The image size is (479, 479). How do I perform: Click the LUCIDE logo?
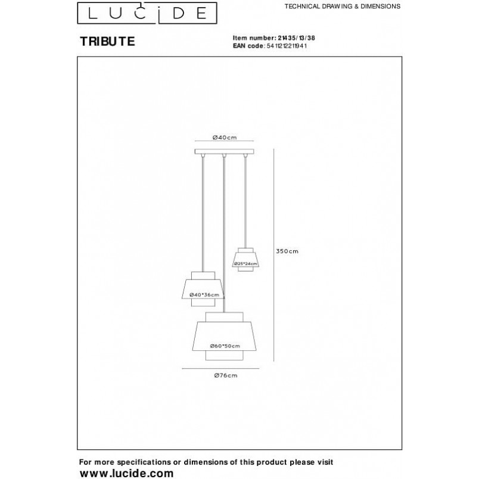coord(147,13)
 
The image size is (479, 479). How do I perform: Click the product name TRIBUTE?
coord(107,42)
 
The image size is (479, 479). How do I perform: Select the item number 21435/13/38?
coord(296,38)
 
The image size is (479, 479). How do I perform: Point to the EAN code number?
coord(287,46)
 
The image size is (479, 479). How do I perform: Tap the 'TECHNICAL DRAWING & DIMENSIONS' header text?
coord(343,6)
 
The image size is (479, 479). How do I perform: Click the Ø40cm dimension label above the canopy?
coord(225,138)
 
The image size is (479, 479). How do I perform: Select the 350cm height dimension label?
coord(287,251)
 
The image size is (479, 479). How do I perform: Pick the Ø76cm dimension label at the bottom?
coord(226,375)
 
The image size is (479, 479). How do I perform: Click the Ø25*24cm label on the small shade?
coord(245,264)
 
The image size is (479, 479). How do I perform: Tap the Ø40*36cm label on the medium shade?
coord(204,295)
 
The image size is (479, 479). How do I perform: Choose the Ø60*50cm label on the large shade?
coord(225,346)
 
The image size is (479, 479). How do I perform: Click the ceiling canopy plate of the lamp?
coord(225,151)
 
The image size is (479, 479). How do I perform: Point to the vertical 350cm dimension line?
coord(273,255)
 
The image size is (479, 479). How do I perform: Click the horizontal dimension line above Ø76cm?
coord(220,368)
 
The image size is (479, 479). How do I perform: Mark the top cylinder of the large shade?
coord(225,317)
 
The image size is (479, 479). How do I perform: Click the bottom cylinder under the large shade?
coord(225,355)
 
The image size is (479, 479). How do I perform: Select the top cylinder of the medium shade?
coord(203,276)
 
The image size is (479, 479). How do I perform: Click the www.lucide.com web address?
coord(127,473)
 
